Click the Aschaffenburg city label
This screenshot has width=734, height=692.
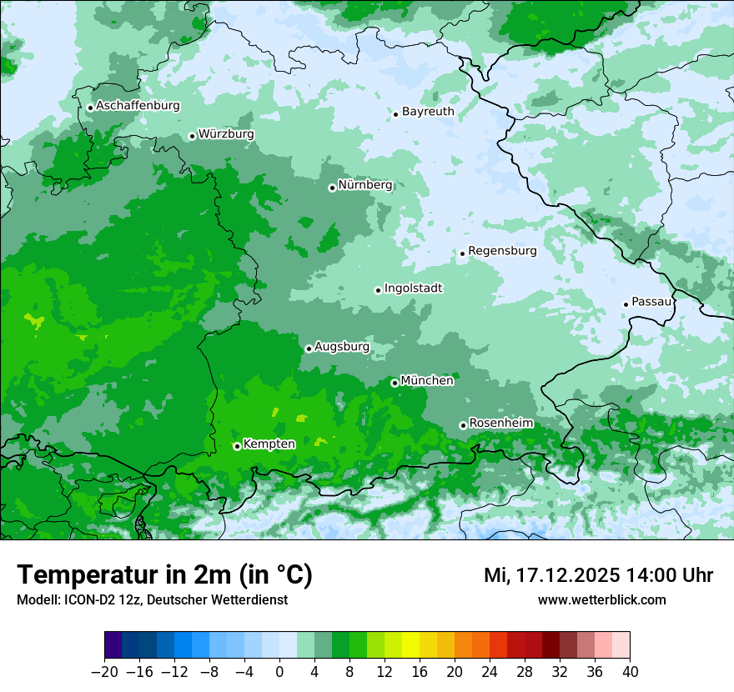(138, 106)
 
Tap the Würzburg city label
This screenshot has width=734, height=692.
(226, 134)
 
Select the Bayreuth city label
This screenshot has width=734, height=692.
(428, 112)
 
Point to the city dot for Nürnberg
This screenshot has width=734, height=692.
(332, 188)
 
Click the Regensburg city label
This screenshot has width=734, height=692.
(502, 251)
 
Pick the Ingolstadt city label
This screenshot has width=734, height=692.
(413, 288)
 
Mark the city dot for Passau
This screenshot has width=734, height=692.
(626, 304)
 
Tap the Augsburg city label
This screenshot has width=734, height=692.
(341, 347)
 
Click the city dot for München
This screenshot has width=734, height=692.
(395, 384)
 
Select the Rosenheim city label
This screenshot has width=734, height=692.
(500, 424)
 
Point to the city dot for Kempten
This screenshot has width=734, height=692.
(237, 446)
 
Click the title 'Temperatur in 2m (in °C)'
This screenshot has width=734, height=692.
(164, 575)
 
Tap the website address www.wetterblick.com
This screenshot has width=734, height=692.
(601, 599)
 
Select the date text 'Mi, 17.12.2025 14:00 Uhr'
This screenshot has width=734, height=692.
(598, 575)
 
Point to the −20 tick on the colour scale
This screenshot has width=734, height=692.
(104, 672)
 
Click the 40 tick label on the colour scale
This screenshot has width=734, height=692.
(630, 672)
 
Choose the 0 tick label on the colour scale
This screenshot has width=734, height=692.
(279, 672)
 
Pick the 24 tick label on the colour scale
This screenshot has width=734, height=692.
(490, 672)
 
